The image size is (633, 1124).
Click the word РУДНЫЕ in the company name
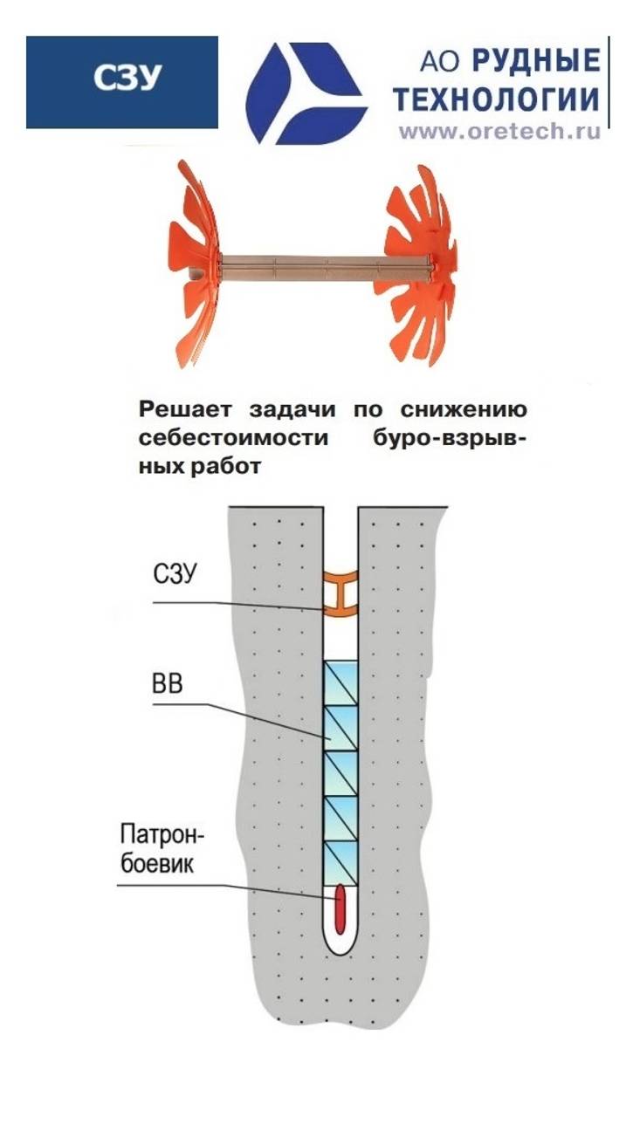536,61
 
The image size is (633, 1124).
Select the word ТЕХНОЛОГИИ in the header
496,99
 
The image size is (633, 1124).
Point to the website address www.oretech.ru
500,133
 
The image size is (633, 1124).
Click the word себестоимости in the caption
220,438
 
